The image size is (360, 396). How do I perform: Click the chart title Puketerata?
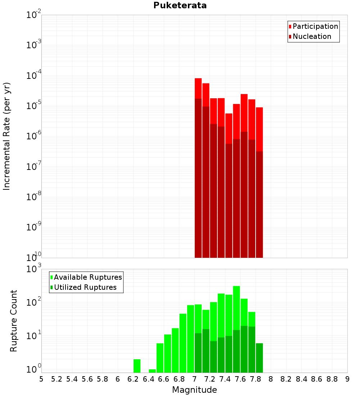coord(180,5)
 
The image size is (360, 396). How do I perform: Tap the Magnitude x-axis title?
coord(194,390)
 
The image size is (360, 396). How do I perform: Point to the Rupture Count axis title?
coord(14,320)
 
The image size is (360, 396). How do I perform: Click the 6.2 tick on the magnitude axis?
coord(133,379)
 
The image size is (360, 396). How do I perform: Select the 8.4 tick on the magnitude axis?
coord(302,379)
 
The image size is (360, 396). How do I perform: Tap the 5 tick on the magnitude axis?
coord(41,379)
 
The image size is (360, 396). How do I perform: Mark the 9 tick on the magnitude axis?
coord(347,379)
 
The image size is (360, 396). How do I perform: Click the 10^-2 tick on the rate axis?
coord(33,15)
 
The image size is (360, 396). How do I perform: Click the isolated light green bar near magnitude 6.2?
coord(137,366)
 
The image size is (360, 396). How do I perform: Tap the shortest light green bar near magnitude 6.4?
coord(152,371)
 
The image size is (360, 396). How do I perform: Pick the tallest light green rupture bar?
coord(237,310)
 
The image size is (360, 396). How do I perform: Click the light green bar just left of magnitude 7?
coord(190,338)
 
